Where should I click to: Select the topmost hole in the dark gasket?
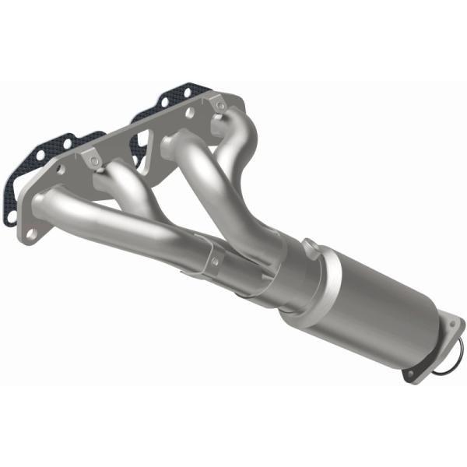[163, 100]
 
